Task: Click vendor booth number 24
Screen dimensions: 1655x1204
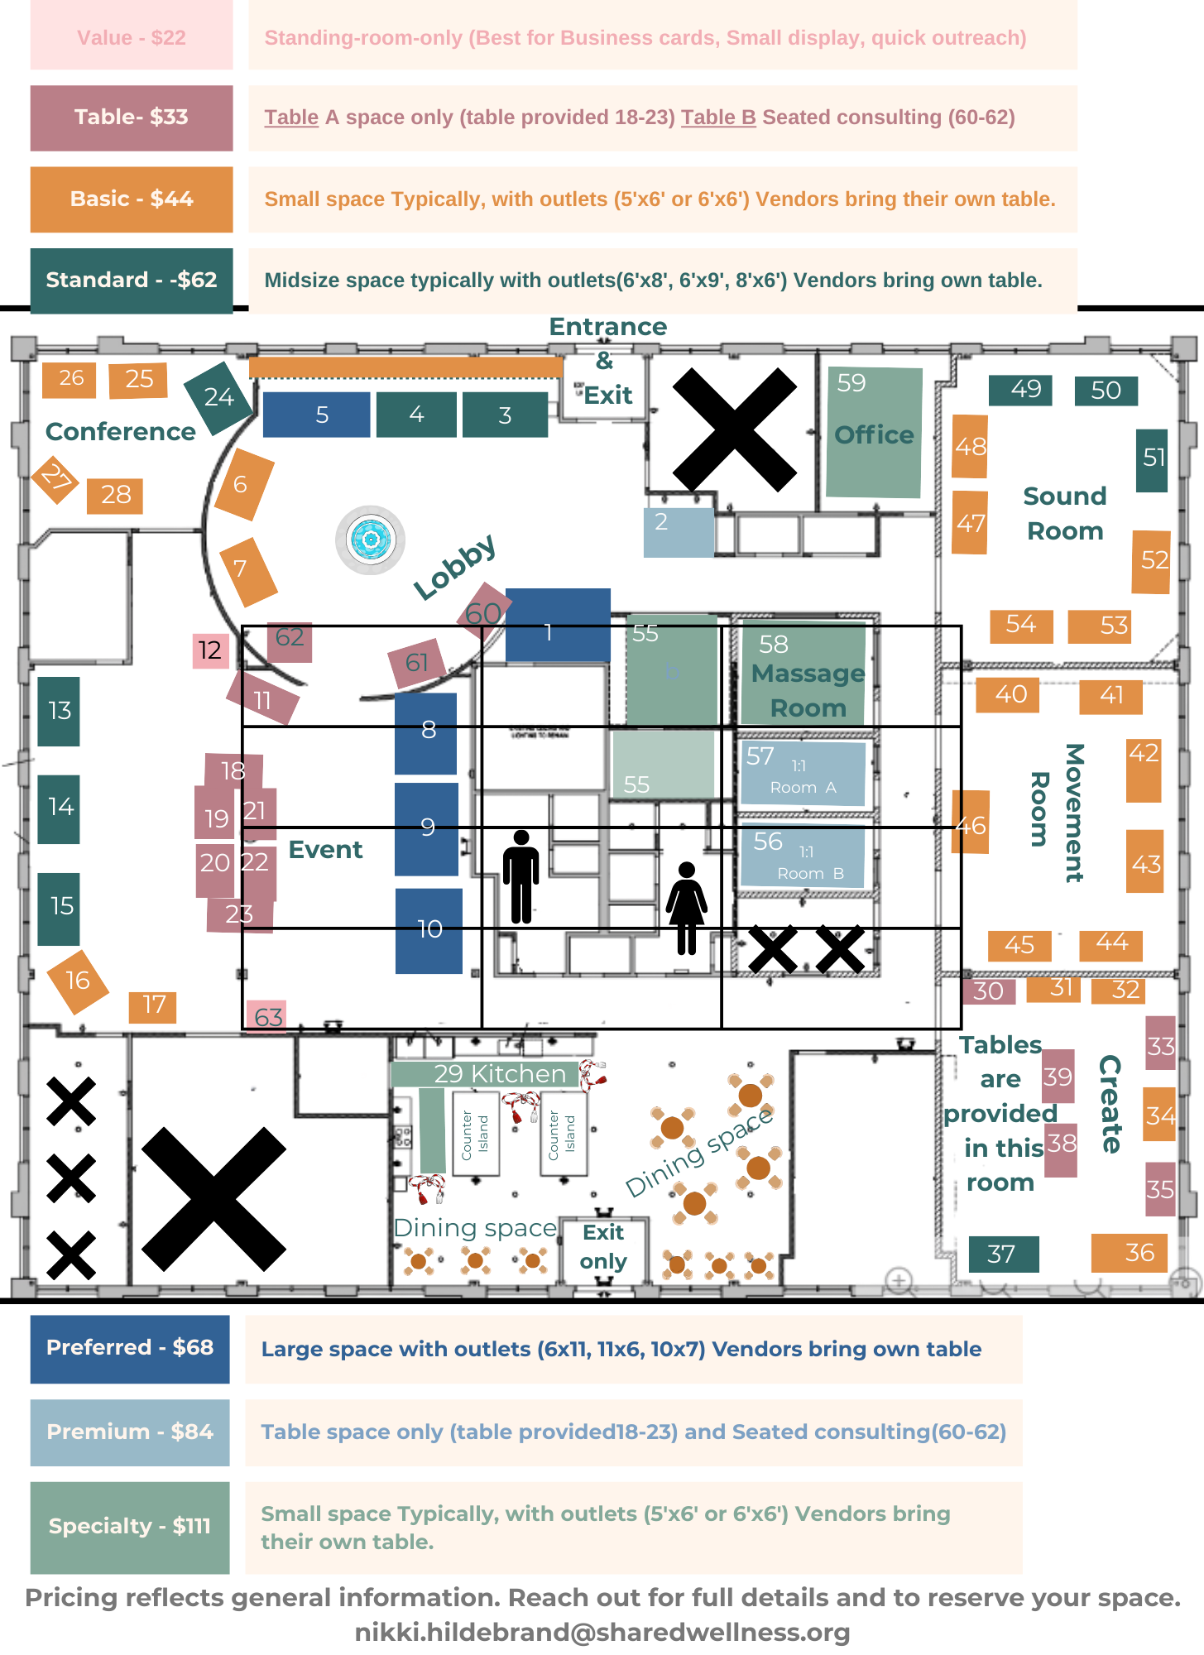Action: [x=218, y=398]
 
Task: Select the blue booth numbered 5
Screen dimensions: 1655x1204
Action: [x=316, y=415]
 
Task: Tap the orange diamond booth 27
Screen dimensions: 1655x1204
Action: [x=55, y=478]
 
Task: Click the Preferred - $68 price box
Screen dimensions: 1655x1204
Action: [x=130, y=1348]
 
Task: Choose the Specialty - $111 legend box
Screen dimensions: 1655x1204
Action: [x=130, y=1527]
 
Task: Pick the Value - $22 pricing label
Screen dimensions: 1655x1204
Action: [x=132, y=38]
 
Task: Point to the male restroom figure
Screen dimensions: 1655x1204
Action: [x=521, y=876]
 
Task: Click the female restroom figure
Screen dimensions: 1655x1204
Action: [x=687, y=908]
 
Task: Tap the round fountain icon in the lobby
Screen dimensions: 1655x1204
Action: [x=370, y=540]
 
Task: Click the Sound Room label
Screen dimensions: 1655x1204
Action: [x=1065, y=513]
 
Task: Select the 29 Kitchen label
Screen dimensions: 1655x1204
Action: [x=499, y=1074]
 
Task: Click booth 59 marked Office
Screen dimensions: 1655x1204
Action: [x=874, y=432]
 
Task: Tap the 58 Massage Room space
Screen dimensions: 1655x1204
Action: [x=804, y=674]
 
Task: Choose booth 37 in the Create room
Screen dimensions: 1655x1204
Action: [x=1003, y=1254]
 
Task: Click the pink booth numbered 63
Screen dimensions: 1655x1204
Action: [x=267, y=1016]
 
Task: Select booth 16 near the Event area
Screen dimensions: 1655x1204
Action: [x=78, y=981]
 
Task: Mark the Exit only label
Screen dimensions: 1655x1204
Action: [x=603, y=1247]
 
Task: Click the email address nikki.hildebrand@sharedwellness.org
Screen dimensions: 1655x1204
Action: [x=602, y=1633]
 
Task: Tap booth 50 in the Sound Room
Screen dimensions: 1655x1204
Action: [x=1106, y=391]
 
